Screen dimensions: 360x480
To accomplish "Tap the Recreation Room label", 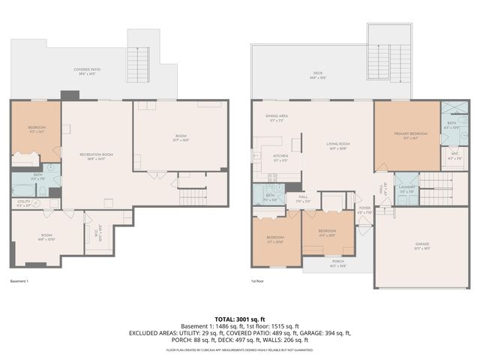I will pyautogui.click(x=96, y=155).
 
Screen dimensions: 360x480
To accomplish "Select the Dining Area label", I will pyautogui.click(x=276, y=118).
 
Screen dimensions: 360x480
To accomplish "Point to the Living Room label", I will pyautogui.click(x=337, y=145).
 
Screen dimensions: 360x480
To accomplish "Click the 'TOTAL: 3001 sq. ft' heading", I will pyautogui.click(x=240, y=319).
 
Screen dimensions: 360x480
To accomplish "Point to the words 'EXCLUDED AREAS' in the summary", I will pyautogui.click(x=157, y=332).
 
